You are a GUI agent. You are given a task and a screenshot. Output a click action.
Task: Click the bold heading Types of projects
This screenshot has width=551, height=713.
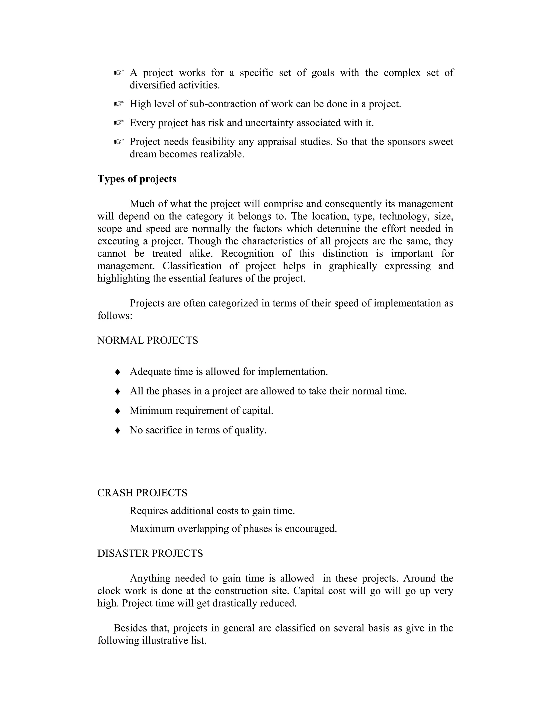137,179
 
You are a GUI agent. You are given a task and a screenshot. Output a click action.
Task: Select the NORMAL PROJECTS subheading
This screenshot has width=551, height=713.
147,341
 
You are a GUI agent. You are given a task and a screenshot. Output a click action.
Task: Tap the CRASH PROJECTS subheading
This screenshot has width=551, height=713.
142,493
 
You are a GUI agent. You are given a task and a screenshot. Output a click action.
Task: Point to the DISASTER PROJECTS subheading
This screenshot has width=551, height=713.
150,553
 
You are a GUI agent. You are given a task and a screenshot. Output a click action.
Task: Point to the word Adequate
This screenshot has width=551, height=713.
150,372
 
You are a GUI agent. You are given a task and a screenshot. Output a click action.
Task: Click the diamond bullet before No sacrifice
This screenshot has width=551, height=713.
118,430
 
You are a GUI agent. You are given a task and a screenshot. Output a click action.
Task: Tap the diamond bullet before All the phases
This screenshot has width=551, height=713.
118,391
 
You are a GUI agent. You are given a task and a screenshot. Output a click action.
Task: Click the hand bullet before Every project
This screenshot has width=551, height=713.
119,123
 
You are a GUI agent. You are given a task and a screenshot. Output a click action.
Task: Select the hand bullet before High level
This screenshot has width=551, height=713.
119,104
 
